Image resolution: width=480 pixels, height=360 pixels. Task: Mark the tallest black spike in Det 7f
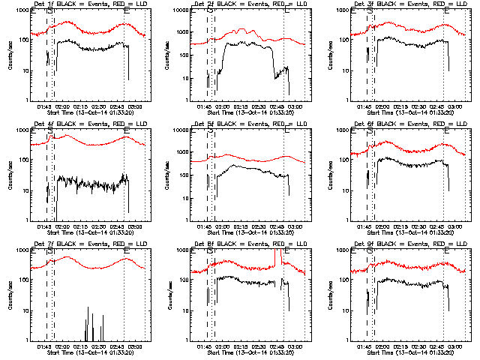(x=88, y=315)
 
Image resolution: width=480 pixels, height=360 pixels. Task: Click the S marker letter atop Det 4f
(x=50, y=131)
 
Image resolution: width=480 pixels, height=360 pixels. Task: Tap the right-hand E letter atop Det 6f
(x=446, y=131)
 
